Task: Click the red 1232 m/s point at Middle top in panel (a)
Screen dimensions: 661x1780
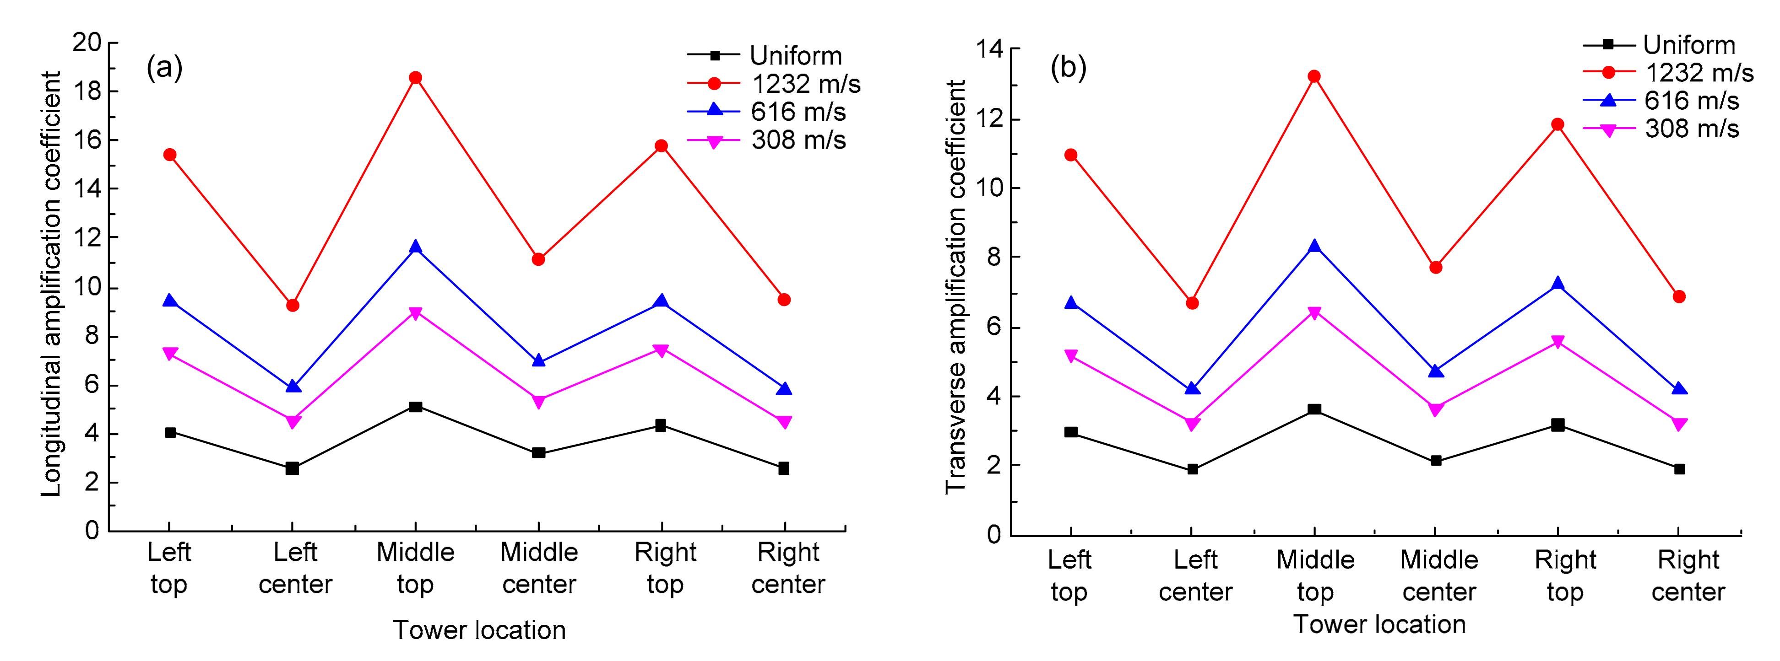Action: (x=415, y=77)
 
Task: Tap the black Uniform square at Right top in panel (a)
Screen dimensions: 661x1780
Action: (x=661, y=425)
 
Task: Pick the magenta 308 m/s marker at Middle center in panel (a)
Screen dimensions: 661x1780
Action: (x=538, y=401)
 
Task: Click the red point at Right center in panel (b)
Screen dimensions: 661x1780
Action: (x=1679, y=296)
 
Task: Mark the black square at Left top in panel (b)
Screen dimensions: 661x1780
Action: (x=1071, y=432)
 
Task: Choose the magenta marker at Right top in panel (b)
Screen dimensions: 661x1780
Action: (x=1557, y=342)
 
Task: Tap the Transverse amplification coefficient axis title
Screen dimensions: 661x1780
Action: (x=955, y=287)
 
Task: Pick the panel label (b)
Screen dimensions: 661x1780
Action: (x=1068, y=68)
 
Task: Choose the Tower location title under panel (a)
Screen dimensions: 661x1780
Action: (x=479, y=630)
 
